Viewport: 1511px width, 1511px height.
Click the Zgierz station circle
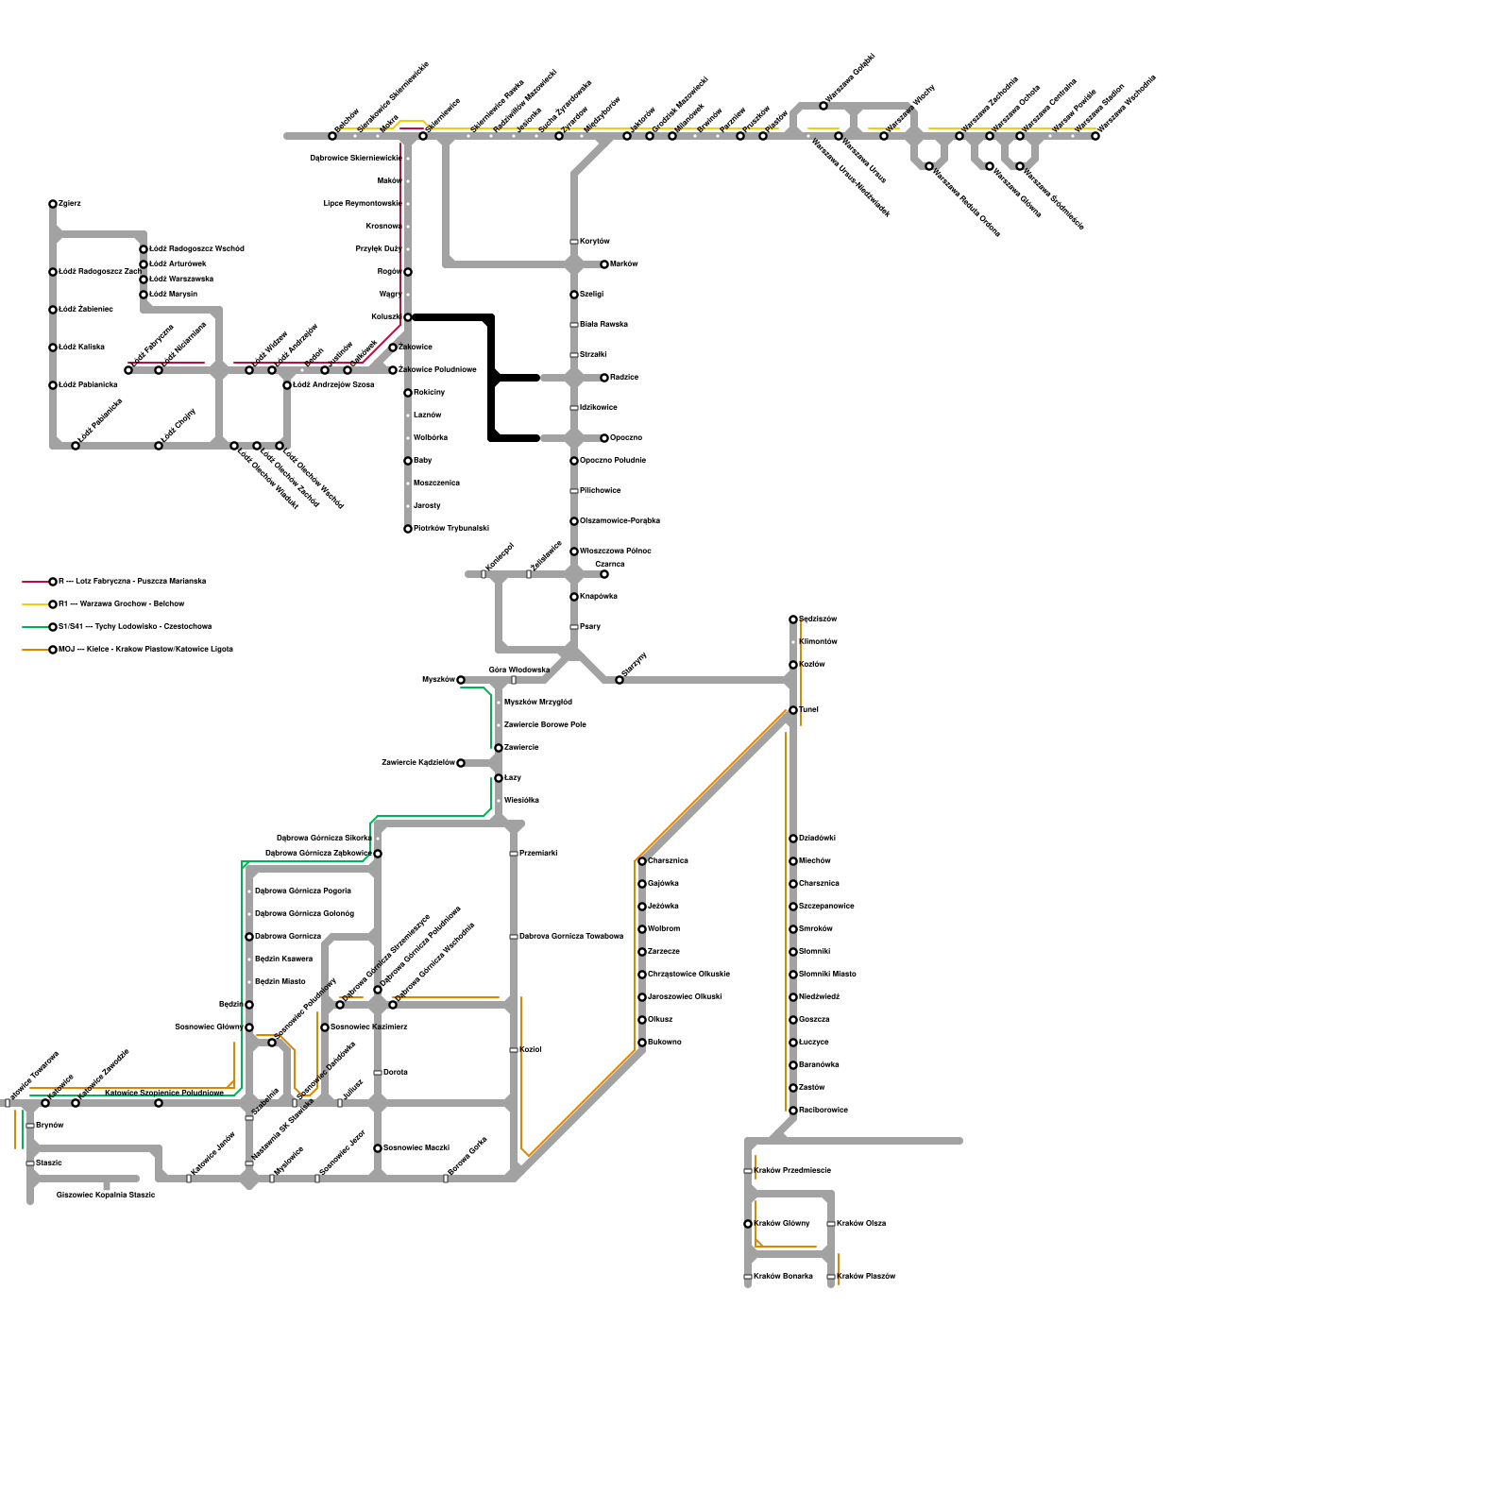[x=53, y=204]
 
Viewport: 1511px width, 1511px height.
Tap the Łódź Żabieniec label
[x=86, y=310]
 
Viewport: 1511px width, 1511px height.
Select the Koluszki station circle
[x=408, y=317]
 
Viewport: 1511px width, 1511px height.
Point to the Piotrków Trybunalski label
[x=450, y=529]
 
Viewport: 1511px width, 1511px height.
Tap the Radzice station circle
[x=604, y=378]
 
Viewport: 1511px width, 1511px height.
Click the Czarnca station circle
[x=604, y=574]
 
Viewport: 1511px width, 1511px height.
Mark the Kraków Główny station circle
[x=748, y=1224]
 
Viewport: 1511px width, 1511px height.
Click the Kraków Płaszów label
[x=866, y=1277]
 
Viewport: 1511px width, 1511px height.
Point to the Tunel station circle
[x=793, y=710]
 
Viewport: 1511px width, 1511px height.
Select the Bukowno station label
[x=664, y=1043]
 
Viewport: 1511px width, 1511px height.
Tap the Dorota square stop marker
[x=378, y=1073]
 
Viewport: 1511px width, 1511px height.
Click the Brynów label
[x=49, y=1126]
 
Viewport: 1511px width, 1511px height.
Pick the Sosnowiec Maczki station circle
[x=378, y=1148]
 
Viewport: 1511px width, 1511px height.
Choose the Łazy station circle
[x=499, y=778]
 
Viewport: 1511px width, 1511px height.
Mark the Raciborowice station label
[x=823, y=1111]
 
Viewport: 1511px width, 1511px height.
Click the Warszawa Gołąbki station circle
[x=823, y=106]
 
